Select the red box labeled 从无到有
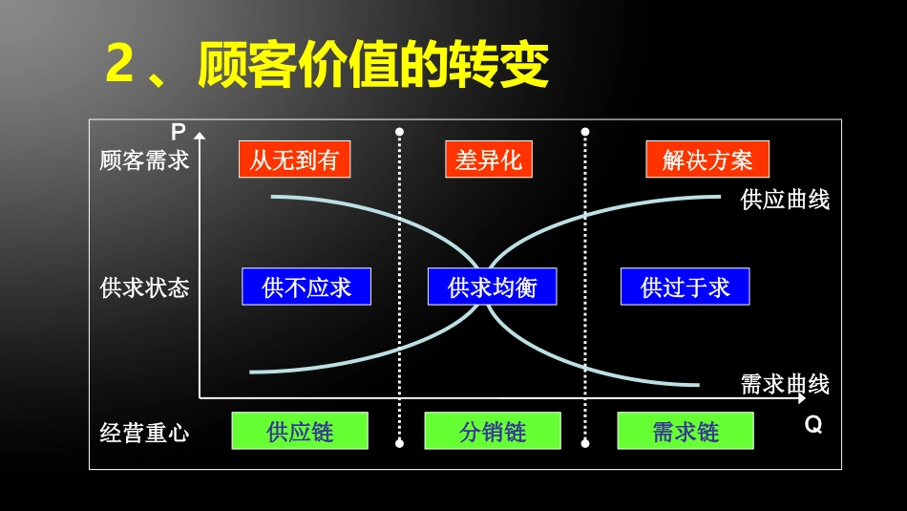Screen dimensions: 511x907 [x=294, y=160]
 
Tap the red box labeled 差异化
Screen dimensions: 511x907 [x=488, y=160]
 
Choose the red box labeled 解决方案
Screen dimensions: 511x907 [x=707, y=160]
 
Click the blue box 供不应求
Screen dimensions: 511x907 [x=306, y=287]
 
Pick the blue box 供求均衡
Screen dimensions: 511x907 [x=492, y=287]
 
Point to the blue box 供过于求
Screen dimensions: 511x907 [x=685, y=287]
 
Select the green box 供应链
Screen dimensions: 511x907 [x=300, y=431]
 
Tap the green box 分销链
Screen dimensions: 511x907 [x=492, y=431]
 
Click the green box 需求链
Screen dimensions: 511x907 [x=685, y=431]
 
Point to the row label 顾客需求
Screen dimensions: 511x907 [x=144, y=160]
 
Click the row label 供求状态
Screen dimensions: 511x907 [x=144, y=287]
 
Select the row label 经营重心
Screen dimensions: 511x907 [x=144, y=434]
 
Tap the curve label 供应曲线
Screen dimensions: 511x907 [x=785, y=200]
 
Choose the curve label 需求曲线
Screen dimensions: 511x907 [x=785, y=384]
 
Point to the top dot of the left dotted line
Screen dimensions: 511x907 [x=399, y=132]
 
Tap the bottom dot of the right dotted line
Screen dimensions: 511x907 [x=584, y=443]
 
